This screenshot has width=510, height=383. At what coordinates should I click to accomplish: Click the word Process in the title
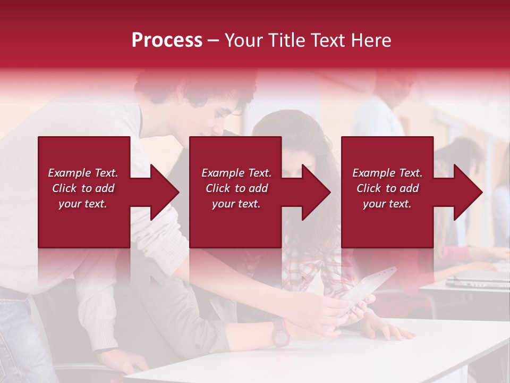[167, 40]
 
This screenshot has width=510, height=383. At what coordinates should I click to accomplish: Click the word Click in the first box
[65, 188]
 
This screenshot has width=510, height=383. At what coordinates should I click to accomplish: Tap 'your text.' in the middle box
[236, 204]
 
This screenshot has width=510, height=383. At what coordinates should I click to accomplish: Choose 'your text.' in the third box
[387, 204]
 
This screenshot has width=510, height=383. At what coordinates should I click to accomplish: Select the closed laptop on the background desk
[475, 280]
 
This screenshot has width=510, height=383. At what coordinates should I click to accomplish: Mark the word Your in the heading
[243, 40]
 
